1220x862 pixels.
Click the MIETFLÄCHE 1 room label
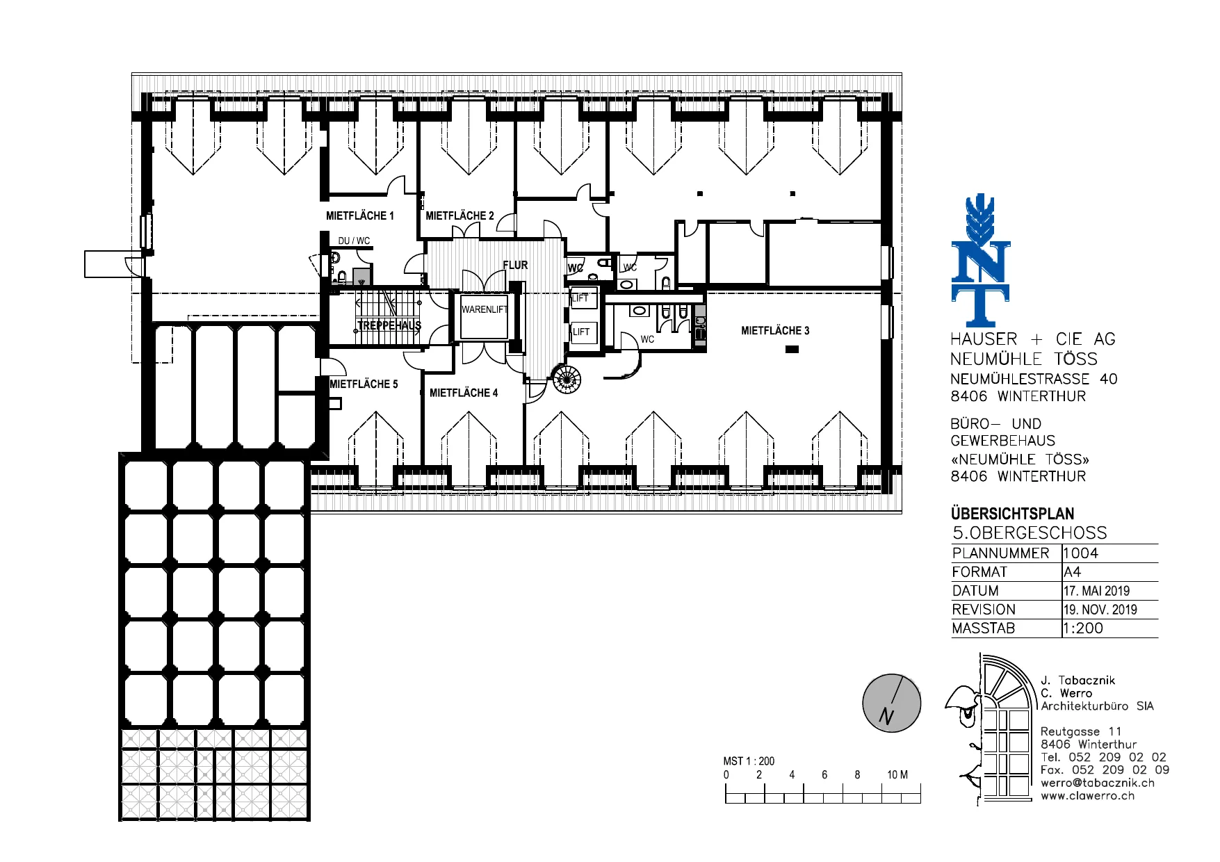click(360, 215)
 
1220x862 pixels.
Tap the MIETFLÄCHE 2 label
click(459, 215)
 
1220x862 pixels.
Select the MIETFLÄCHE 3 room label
click(775, 331)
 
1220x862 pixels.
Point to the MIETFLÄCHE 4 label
click(464, 393)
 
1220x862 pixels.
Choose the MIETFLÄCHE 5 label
click(364, 384)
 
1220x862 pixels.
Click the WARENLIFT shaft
click(485, 317)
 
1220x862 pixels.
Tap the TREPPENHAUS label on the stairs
click(389, 325)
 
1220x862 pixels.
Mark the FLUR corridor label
click(515, 265)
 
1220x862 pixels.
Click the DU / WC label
click(354, 241)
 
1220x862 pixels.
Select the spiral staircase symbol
click(567, 379)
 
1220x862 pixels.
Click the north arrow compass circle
click(892, 703)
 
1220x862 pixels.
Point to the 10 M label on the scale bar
click(897, 774)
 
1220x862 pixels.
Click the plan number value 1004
click(1081, 553)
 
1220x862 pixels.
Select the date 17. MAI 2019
click(1097, 591)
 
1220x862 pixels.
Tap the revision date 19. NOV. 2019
click(1100, 610)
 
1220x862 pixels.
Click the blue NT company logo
click(980, 261)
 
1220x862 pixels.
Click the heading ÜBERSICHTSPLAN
click(1013, 514)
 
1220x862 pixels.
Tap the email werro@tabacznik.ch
click(1098, 783)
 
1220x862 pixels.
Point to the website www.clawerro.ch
click(1087, 796)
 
